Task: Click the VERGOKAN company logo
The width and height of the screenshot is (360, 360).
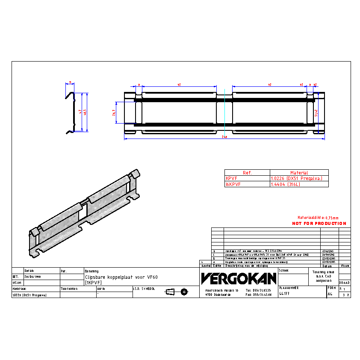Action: pyautogui.click(x=239, y=279)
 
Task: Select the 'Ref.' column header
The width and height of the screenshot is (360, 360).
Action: pyautogui.click(x=247, y=173)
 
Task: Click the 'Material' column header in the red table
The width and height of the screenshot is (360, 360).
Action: pyautogui.click(x=299, y=173)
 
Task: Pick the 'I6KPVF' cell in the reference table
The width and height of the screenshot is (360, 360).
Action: pyautogui.click(x=233, y=184)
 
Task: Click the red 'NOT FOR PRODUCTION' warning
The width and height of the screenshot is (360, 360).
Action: pyautogui.click(x=319, y=224)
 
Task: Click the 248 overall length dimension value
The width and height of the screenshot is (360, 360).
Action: pyautogui.click(x=224, y=138)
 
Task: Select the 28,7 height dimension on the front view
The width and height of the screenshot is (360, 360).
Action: pyautogui.click(x=114, y=112)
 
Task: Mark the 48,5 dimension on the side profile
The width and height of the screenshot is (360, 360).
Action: pyautogui.click(x=86, y=113)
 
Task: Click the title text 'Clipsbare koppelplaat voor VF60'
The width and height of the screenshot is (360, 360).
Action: pyautogui.click(x=121, y=277)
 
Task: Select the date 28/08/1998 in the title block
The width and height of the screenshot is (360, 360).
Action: pyautogui.click(x=32, y=277)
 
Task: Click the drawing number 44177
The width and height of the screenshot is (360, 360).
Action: pyautogui.click(x=284, y=294)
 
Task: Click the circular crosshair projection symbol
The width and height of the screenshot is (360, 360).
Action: pyautogui.click(x=184, y=292)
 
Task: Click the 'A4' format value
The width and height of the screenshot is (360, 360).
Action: pyautogui.click(x=330, y=295)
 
